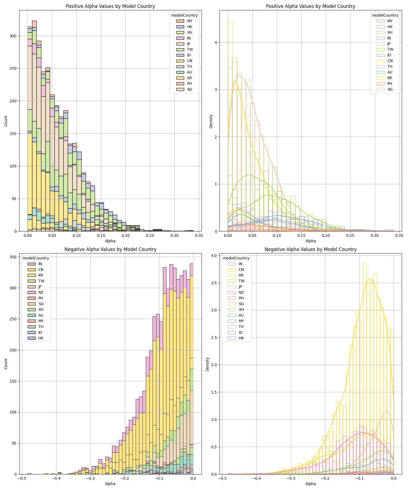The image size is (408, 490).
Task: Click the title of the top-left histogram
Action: (110, 6)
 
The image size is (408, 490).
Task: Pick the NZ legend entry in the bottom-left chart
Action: (36, 292)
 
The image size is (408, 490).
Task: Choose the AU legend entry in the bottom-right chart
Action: (236, 315)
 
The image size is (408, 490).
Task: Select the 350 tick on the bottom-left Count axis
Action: (14, 257)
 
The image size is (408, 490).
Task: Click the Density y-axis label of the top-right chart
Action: (211, 121)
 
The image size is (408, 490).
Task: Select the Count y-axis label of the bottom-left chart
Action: (6, 364)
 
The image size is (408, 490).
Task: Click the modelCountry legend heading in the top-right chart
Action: (385, 15)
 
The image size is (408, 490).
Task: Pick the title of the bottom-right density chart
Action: (311, 249)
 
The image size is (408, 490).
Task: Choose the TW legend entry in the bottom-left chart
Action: (36, 281)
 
